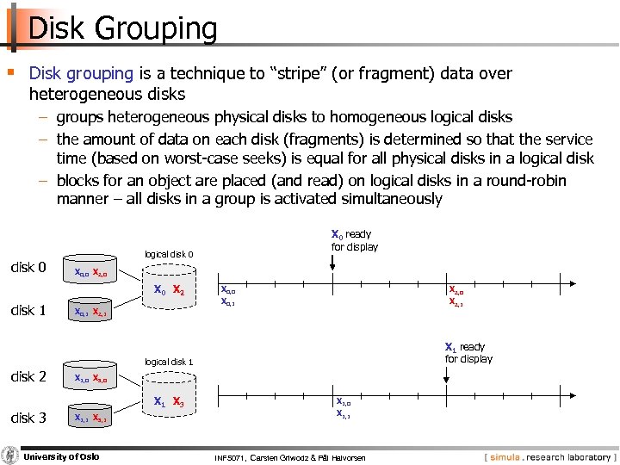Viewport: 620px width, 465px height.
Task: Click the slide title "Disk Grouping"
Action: [x=122, y=28]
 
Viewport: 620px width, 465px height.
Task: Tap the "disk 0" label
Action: [x=28, y=267]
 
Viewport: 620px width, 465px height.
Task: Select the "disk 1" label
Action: [x=28, y=310]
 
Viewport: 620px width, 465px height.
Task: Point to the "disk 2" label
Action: [x=28, y=375]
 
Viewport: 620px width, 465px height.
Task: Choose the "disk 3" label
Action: [x=28, y=418]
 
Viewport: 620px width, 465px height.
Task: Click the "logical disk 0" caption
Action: [x=169, y=254]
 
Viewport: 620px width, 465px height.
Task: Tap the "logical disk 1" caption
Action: [x=169, y=362]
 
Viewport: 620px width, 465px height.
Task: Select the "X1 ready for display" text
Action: [x=468, y=352]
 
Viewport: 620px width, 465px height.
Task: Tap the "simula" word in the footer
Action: [x=506, y=457]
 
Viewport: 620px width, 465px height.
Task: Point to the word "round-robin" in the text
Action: [x=517, y=181]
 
